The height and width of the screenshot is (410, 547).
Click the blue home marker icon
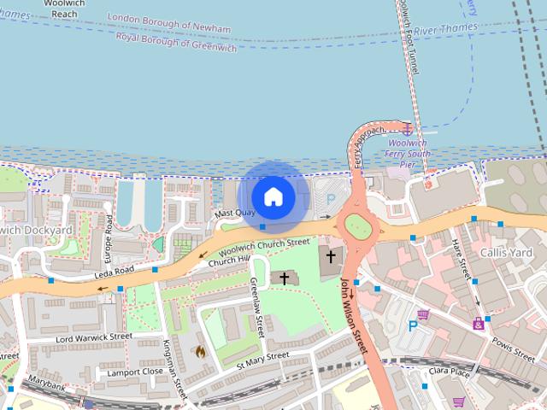click(273, 196)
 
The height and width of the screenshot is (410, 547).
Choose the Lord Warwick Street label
click(93, 337)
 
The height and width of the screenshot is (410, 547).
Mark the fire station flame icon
click(200, 350)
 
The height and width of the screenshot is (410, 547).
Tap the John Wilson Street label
click(353, 317)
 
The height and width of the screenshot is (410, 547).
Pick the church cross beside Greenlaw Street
click(285, 278)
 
